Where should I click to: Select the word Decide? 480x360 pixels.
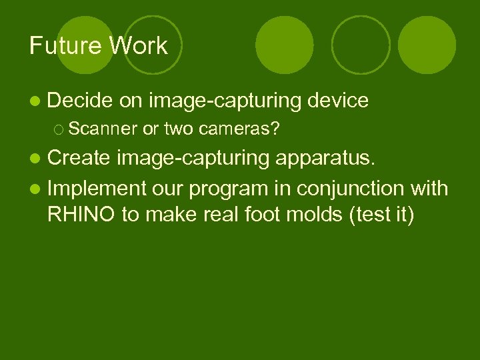tap(80, 101)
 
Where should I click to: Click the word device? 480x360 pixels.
tap(338, 101)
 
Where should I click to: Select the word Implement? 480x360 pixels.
tap(96, 189)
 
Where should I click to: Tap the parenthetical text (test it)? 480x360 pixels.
tap(377, 217)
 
